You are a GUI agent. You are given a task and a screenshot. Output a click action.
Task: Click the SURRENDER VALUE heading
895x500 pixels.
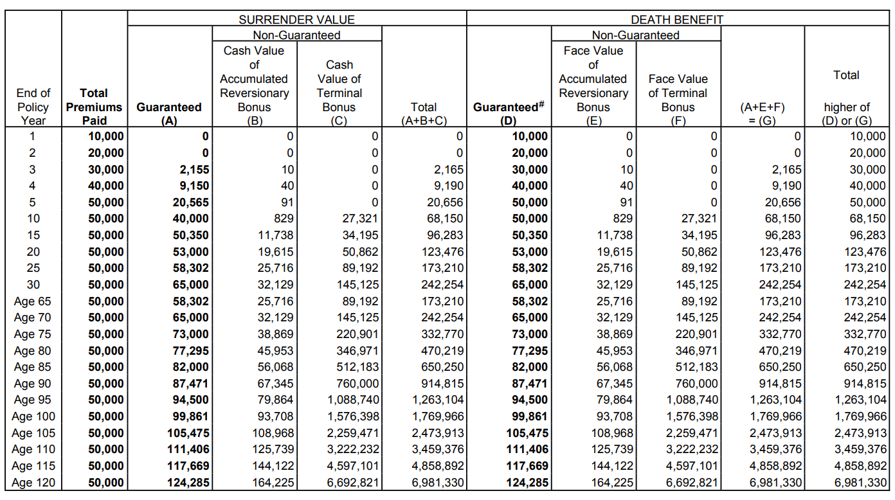[296, 19]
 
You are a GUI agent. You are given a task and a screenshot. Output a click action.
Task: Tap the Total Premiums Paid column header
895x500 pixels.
[94, 107]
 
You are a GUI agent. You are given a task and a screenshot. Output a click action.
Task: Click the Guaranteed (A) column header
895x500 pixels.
[169, 114]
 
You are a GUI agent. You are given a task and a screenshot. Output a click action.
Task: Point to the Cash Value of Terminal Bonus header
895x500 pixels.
[339, 85]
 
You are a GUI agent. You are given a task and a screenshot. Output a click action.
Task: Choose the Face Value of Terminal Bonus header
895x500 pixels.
[678, 93]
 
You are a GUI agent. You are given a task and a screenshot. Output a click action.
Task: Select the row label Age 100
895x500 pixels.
[33, 416]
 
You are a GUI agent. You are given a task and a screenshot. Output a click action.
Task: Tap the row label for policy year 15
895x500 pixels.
[33, 235]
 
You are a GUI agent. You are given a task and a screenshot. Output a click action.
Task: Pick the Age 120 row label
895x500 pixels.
[33, 483]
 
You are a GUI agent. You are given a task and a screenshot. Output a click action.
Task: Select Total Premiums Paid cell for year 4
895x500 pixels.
[105, 186]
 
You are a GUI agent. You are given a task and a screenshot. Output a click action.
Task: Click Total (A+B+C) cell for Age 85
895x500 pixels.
[440, 367]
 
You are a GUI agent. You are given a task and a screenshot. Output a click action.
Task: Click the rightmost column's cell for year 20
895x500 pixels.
[865, 252]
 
